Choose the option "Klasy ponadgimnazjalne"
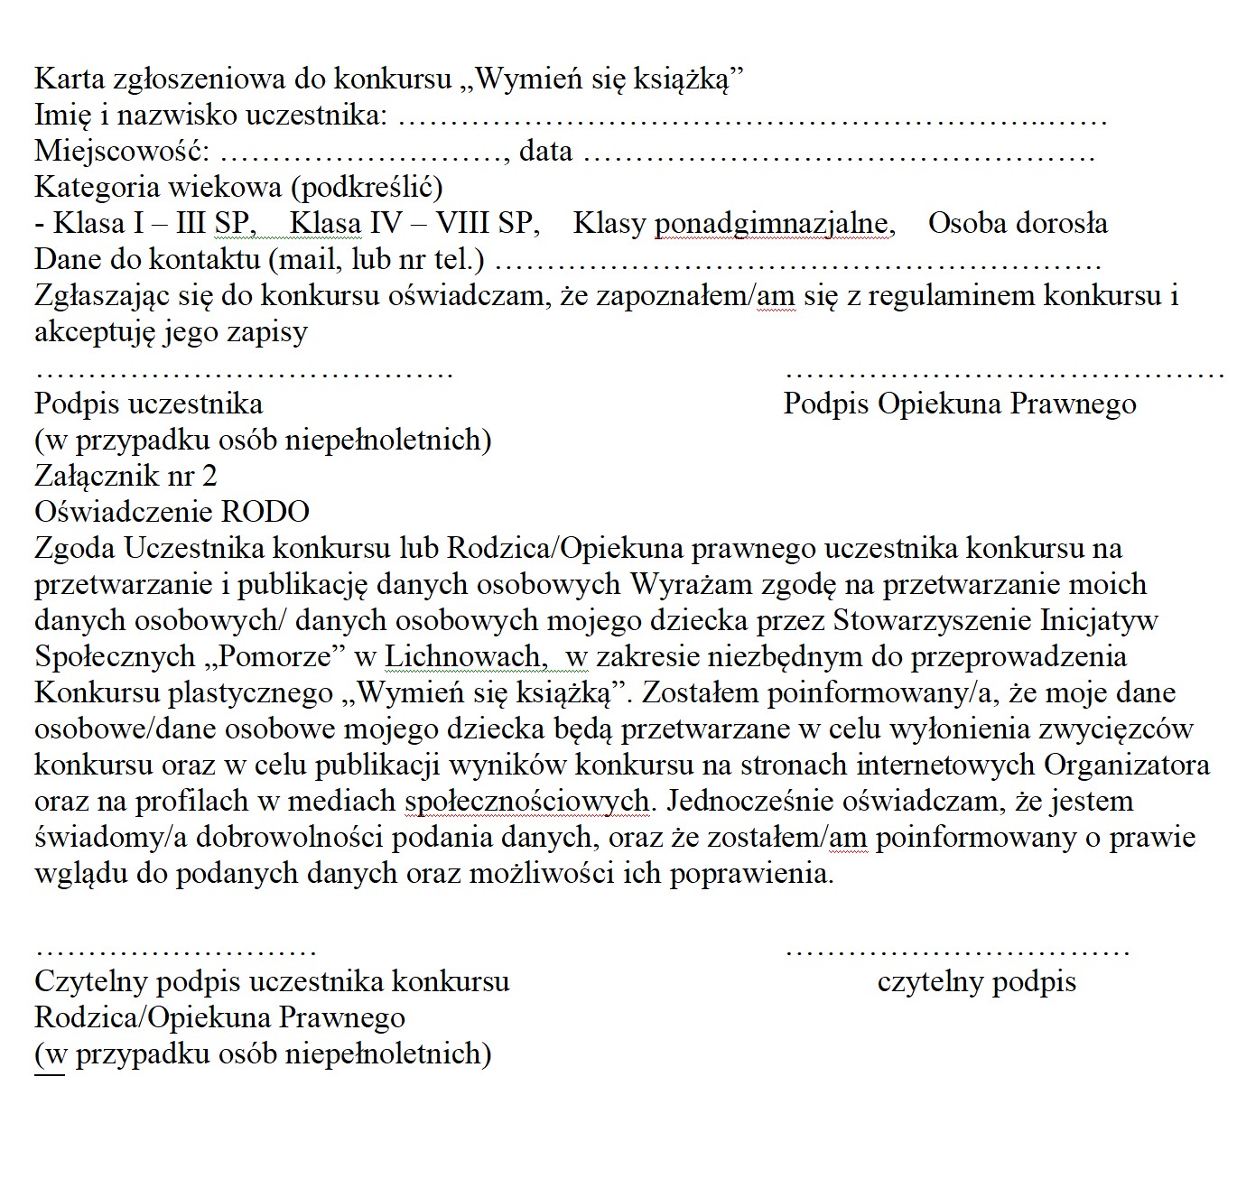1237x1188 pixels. pyautogui.click(x=733, y=223)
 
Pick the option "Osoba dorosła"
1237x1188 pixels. pyautogui.click(x=1018, y=223)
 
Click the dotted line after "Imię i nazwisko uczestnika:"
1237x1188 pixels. pyautogui.click(x=751, y=118)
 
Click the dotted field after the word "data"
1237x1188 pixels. pyautogui.click(x=839, y=154)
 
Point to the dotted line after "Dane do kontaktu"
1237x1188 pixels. pyautogui.click(x=798, y=263)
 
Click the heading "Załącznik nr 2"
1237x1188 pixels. pyautogui.click(x=126, y=476)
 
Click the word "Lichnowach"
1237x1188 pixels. pyautogui.click(x=461, y=656)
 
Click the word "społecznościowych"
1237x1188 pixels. pyautogui.click(x=527, y=801)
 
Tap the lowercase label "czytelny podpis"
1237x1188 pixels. pyautogui.click(x=976, y=981)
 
